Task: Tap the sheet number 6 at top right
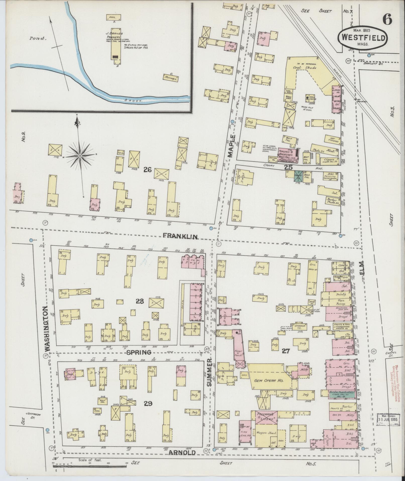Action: (x=387, y=19)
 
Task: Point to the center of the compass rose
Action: (x=80, y=156)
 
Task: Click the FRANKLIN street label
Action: (x=181, y=236)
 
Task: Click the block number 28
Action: (x=140, y=301)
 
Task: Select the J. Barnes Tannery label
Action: (x=114, y=35)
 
